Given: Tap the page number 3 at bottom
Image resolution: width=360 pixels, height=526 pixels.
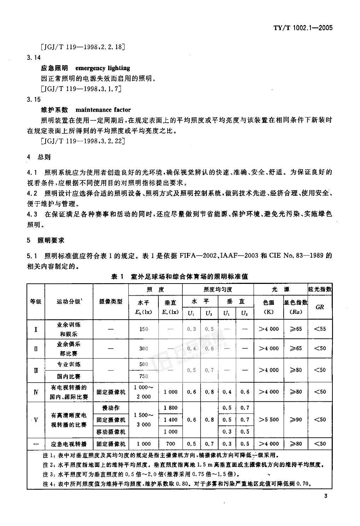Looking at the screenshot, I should pyautogui.click(x=326, y=496).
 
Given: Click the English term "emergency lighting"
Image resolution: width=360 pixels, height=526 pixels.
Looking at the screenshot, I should pyautogui.click(x=103, y=68).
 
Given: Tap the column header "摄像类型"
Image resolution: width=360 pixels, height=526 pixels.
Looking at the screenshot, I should pyautogui.click(x=111, y=301).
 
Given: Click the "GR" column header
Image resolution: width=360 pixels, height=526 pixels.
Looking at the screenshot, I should pyautogui.click(x=320, y=307).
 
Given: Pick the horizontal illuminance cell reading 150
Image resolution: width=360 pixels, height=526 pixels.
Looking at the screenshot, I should pyautogui.click(x=144, y=329).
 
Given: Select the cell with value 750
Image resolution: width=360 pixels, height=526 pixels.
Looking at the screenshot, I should pyautogui.click(x=144, y=376).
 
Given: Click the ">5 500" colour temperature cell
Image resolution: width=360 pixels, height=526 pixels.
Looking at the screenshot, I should pyautogui.click(x=269, y=419).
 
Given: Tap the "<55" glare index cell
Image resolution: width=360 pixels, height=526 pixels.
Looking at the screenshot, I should pyautogui.click(x=320, y=329).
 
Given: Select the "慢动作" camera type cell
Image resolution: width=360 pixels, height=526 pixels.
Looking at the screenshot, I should pyautogui.click(x=111, y=408).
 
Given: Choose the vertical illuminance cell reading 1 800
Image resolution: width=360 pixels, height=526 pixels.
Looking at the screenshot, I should pyautogui.click(x=170, y=408).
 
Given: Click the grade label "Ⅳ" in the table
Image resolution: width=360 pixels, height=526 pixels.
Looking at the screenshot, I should pyautogui.click(x=36, y=392).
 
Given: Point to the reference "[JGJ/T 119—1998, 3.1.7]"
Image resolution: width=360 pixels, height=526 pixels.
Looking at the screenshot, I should pyautogui.click(x=81, y=89).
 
